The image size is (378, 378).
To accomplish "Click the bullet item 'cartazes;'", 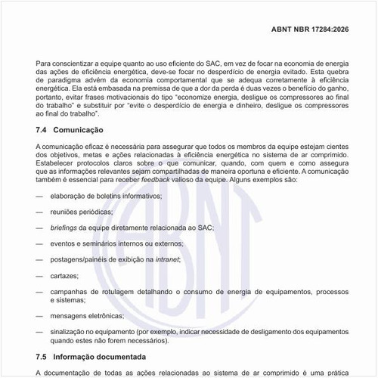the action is point(66,275).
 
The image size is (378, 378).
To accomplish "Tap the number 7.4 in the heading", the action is point(42,131).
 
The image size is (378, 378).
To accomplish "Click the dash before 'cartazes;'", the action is point(39,275).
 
